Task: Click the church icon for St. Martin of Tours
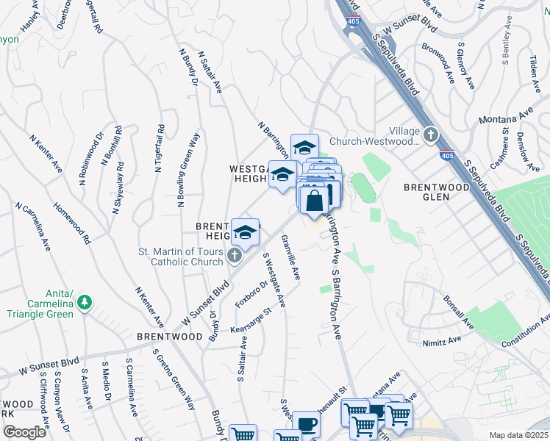tap(234, 256)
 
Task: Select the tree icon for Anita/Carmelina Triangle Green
tap(85, 301)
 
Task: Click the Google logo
tap(24, 431)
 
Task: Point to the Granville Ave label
tap(291, 257)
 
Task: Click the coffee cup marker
tap(306, 425)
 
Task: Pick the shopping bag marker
tap(314, 199)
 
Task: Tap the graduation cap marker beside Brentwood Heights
tap(246, 233)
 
